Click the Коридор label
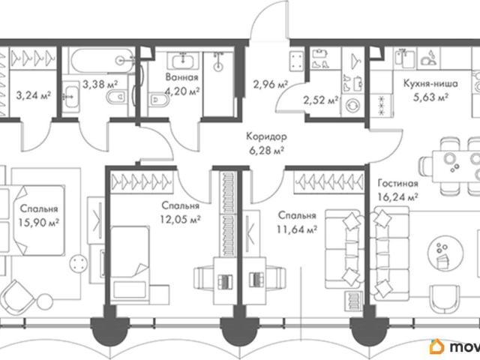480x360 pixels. pos(266,136)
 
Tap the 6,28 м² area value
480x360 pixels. pos(266,150)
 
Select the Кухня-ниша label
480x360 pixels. pos(430,83)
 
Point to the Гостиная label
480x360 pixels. pos(397,183)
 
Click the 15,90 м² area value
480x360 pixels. pos(38,222)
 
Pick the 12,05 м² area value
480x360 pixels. pos(181,219)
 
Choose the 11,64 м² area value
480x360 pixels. pos(297,229)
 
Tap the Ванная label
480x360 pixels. pos(181,77)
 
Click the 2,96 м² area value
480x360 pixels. pos(270,84)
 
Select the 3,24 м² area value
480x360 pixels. pos(33,95)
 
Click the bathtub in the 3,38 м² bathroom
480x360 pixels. pos(103,61)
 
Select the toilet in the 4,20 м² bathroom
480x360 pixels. pos(159,100)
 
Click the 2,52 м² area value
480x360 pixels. pos(321,100)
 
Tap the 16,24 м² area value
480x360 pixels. pos(398,196)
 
